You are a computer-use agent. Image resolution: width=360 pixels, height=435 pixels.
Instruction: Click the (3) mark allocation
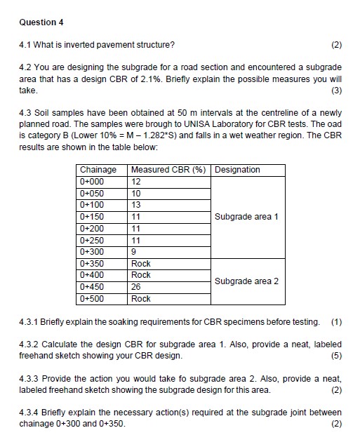pyautogui.click(x=335, y=91)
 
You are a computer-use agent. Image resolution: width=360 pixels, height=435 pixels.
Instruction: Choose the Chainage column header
pyautogui.click(x=98, y=170)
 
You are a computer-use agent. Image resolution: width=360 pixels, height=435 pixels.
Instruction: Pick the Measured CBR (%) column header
pyautogui.click(x=170, y=170)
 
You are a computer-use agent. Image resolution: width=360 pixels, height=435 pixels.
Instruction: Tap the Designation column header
pyautogui.click(x=237, y=170)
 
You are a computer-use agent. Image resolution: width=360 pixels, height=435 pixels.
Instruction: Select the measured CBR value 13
pyautogui.click(x=136, y=205)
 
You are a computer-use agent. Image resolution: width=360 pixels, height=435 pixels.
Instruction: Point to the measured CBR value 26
pyautogui.click(x=136, y=287)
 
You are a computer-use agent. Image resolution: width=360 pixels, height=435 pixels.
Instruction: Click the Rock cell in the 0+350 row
pyautogui.click(x=141, y=264)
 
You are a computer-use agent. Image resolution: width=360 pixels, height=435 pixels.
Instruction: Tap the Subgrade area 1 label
pyautogui.click(x=247, y=217)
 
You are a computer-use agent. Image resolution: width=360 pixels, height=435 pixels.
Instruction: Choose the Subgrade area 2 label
pyautogui.click(x=247, y=281)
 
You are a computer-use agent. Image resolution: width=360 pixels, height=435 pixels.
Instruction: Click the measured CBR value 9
pyautogui.click(x=134, y=252)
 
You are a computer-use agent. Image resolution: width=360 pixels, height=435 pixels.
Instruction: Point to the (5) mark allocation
pyautogui.click(x=335, y=356)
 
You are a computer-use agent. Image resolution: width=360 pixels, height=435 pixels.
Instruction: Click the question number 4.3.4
pyautogui.click(x=30, y=412)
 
